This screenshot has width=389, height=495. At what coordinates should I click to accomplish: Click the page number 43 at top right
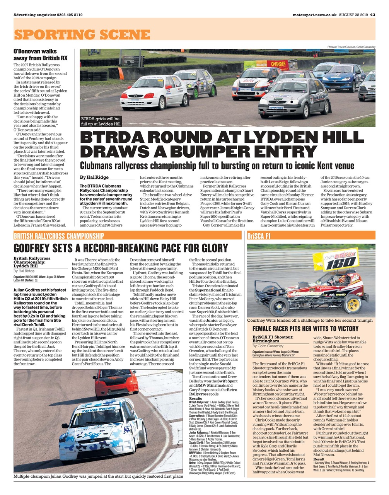372,15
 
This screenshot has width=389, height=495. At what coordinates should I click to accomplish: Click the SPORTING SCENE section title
82,34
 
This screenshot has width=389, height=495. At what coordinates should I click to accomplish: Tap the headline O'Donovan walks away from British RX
41,54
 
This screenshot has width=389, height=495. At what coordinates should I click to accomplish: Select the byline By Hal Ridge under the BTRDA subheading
94,177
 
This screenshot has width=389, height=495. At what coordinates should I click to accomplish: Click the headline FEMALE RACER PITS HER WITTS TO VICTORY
305,329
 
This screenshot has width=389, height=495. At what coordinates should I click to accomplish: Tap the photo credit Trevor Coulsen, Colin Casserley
351,47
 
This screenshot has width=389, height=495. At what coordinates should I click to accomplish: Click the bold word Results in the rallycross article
195,398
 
